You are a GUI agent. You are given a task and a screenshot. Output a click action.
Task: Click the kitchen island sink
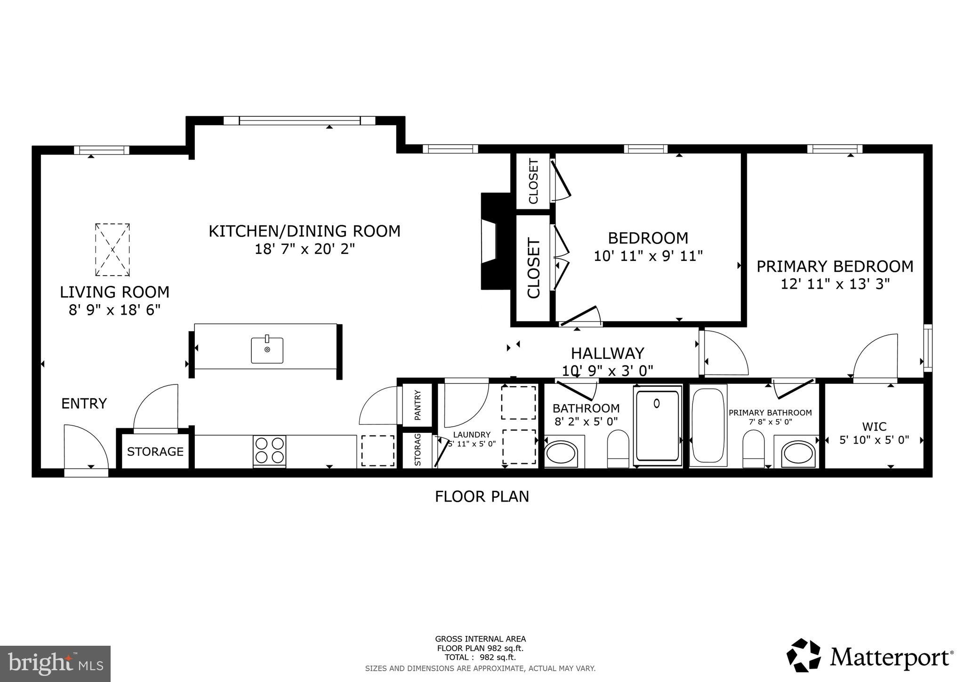[x=267, y=350]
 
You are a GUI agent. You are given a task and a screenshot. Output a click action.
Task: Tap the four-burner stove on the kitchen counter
[x=270, y=450]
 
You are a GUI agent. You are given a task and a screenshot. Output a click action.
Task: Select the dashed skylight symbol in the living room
[x=112, y=250]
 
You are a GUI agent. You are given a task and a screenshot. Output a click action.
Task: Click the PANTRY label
[x=417, y=405]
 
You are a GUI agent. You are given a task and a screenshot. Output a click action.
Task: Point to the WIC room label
[x=874, y=427]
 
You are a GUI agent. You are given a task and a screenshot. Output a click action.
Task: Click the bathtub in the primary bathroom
[x=708, y=425]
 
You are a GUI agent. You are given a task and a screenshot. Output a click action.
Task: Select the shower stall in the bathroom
[x=658, y=425]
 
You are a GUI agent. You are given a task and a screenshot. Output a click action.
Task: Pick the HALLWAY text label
[x=607, y=353]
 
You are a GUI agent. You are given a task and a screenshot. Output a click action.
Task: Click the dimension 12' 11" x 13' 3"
[x=835, y=284]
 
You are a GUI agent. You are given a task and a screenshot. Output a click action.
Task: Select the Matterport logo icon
[x=803, y=655]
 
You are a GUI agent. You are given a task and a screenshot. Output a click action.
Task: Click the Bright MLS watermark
[x=55, y=664]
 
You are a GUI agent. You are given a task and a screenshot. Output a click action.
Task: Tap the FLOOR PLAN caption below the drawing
[x=482, y=496]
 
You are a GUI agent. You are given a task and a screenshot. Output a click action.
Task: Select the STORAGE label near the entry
[x=155, y=452]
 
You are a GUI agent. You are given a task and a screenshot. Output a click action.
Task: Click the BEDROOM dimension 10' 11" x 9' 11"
[x=648, y=256]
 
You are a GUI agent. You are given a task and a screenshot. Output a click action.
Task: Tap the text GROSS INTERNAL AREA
[x=480, y=639]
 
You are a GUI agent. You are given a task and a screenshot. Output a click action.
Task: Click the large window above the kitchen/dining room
[x=299, y=121]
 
